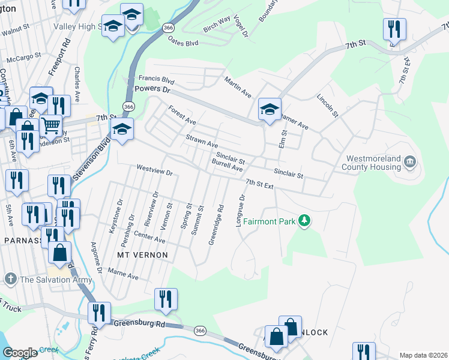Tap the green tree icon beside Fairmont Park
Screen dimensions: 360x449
305,221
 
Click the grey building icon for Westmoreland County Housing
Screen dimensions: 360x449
410,161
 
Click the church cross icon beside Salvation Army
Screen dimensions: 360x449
10,279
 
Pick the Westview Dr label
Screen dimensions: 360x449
154,170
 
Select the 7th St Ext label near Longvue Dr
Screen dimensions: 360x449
259,184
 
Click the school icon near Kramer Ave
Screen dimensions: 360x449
270,110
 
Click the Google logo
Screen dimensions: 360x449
20,353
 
